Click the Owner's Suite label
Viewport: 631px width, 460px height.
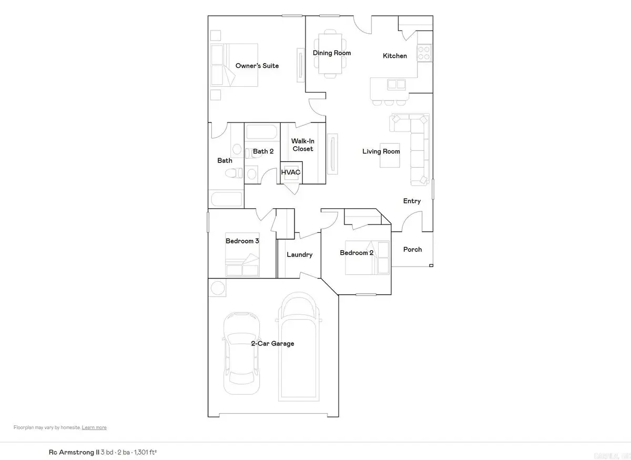(x=257, y=66)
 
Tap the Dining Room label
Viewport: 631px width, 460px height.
(x=332, y=53)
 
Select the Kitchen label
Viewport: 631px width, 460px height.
(x=394, y=56)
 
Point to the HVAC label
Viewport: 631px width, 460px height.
(x=290, y=172)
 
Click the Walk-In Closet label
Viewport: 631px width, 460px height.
(x=302, y=145)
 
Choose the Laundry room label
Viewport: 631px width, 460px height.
(x=299, y=254)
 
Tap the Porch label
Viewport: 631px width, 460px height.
(x=412, y=249)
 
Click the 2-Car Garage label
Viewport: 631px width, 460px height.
(x=272, y=344)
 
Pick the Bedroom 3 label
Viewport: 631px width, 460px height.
(x=242, y=241)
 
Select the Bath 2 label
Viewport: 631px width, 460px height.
(x=263, y=151)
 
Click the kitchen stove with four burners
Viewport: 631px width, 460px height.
(x=424, y=53)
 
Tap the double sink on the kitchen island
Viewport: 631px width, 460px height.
(x=396, y=84)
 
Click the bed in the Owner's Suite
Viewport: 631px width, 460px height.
(x=234, y=65)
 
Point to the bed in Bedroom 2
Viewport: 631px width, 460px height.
(x=368, y=258)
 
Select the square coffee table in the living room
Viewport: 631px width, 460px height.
(x=390, y=156)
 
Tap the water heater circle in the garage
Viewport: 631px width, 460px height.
(x=217, y=288)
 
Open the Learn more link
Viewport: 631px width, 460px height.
(x=94, y=427)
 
